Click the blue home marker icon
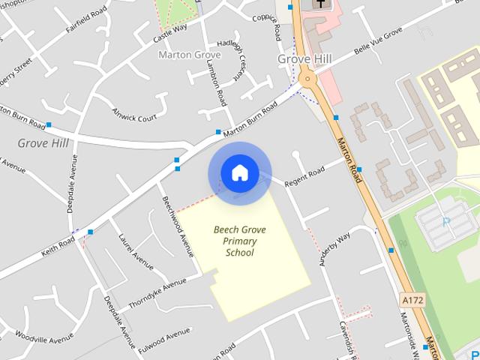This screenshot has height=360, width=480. coord(239,173)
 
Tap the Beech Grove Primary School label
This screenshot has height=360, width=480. coord(239,241)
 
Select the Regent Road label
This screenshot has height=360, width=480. coord(304,177)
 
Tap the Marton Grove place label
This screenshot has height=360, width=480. coord(190,55)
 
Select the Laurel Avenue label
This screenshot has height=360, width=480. coord(136,251)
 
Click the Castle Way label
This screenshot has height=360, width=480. coord(169,31)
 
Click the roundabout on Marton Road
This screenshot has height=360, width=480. coord(306,78)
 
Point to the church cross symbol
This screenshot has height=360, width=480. coord(322,4)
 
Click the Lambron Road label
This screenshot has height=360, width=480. coord(214,80)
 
